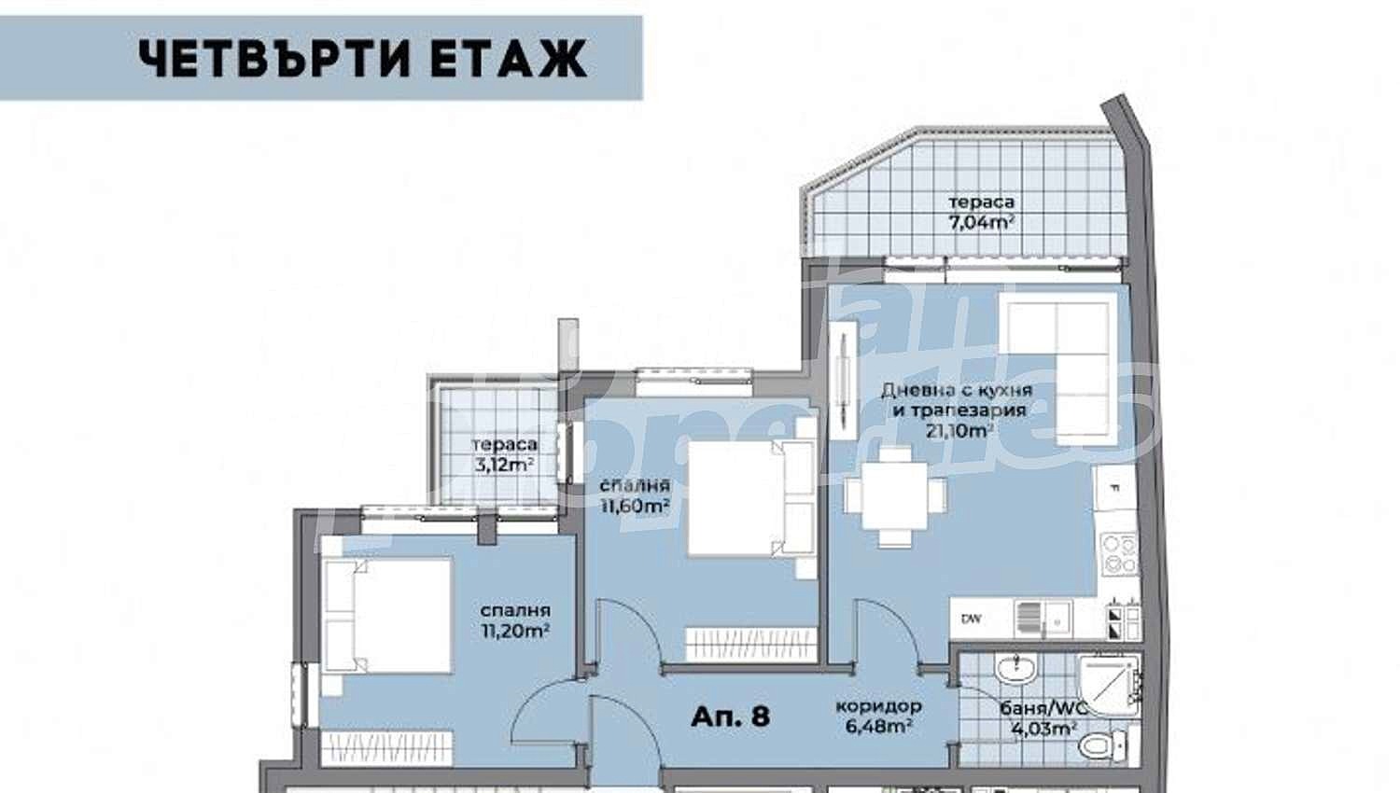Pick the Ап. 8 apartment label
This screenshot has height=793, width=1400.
[731, 716]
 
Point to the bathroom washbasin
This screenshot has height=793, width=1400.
[1015, 668]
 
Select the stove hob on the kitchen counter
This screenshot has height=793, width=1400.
[1119, 552]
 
